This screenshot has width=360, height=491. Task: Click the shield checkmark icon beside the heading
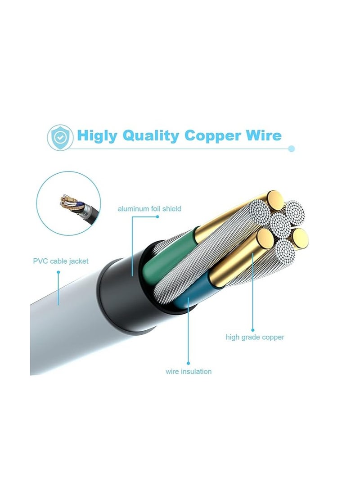click(x=60, y=137)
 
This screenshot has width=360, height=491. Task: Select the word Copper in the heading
click(x=212, y=136)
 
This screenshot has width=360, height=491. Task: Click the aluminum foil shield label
click(x=149, y=208)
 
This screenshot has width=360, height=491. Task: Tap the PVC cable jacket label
click(x=61, y=261)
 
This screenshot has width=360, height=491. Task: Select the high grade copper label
click(x=255, y=337)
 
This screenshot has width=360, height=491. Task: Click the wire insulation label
click(x=189, y=372)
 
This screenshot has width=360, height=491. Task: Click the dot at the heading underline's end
click(x=292, y=149)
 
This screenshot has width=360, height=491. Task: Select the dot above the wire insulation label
click(x=188, y=363)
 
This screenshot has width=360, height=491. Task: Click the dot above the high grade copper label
click(x=252, y=330)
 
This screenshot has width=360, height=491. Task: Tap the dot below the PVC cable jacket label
click(x=58, y=272)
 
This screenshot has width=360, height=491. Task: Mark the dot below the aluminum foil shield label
click(x=157, y=216)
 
